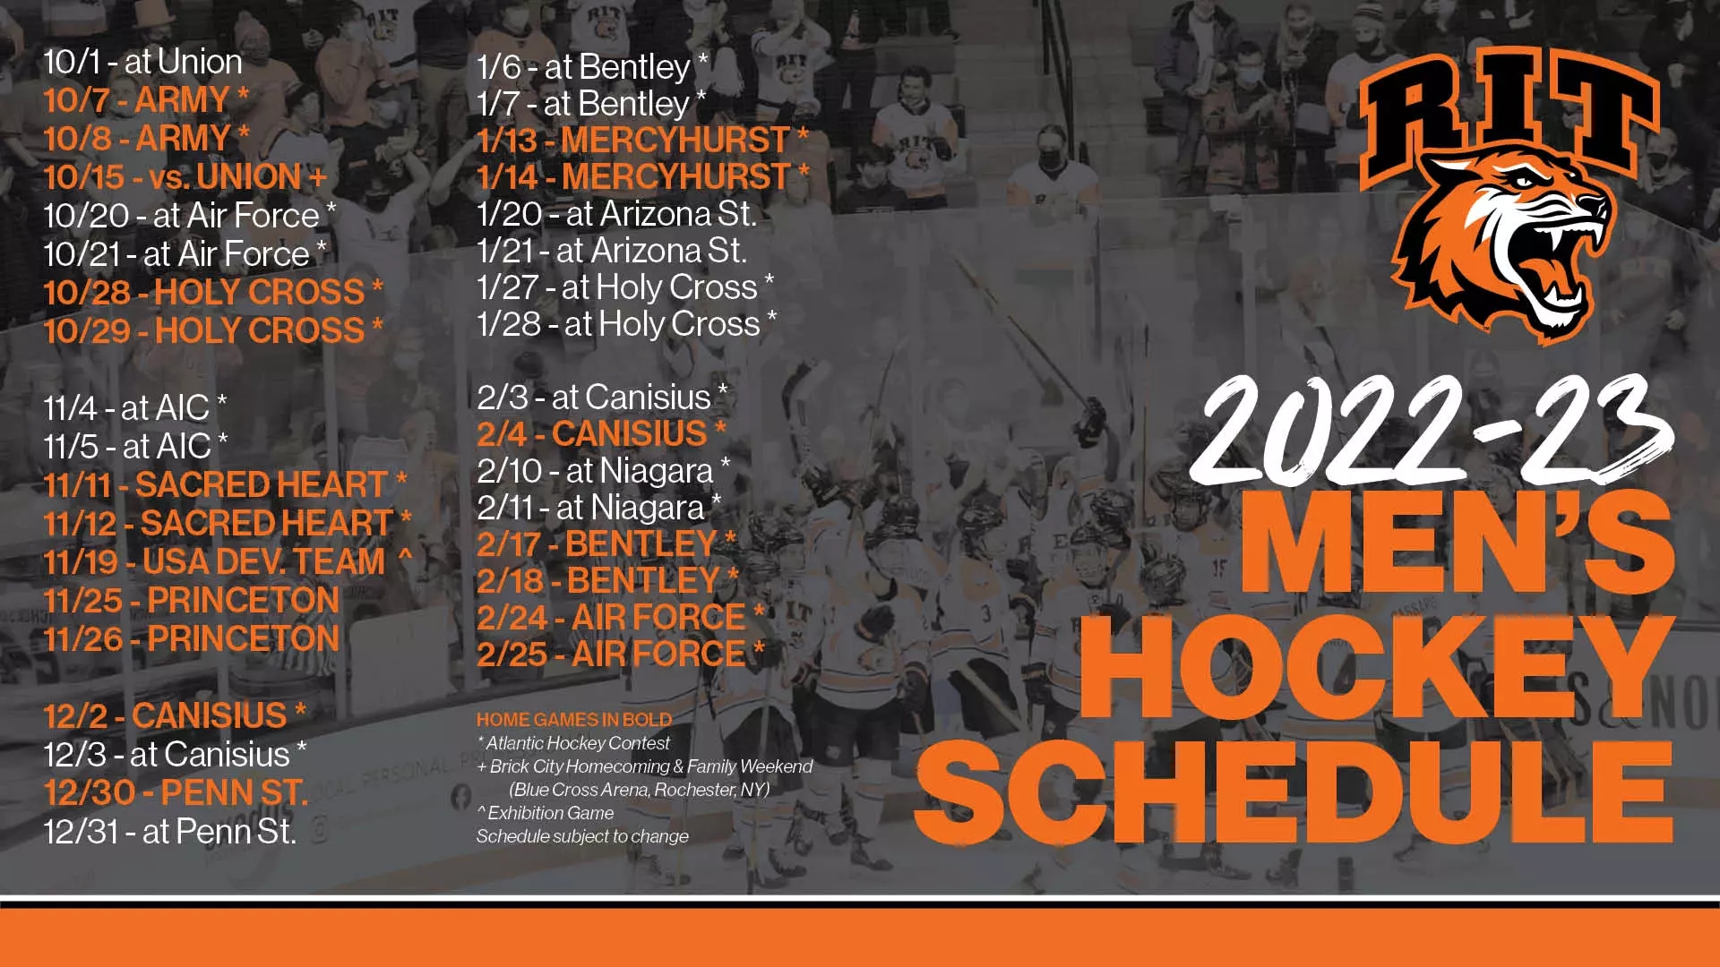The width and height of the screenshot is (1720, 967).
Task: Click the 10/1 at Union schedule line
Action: [143, 62]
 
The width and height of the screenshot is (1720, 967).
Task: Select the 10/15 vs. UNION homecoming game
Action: [185, 177]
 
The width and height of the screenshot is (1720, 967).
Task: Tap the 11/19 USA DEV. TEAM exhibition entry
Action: [228, 562]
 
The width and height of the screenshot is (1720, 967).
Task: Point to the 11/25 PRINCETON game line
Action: [192, 601]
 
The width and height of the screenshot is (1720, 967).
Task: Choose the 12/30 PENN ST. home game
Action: [176, 793]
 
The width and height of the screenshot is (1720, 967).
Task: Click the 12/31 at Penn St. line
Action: [170, 832]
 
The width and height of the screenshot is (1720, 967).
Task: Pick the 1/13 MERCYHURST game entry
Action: [643, 141]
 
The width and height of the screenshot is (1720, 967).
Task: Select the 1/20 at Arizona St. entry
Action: [617, 214]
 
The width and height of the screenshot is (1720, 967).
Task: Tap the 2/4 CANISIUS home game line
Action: [602, 434]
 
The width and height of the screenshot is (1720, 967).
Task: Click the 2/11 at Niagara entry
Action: [599, 508]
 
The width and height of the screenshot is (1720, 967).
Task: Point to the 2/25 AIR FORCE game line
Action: [621, 655]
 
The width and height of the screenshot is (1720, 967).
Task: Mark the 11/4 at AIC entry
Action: [135, 408]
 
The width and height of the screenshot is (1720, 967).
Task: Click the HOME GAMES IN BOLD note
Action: [574, 720]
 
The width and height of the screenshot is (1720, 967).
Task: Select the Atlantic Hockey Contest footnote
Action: [574, 743]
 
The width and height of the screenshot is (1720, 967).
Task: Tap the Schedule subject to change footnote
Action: [583, 836]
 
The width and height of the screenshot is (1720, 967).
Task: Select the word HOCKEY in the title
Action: [1377, 666]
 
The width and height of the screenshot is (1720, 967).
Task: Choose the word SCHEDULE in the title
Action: [1294, 792]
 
